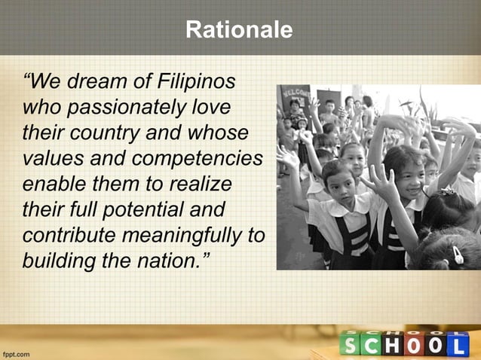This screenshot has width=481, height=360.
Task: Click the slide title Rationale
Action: point(240,30)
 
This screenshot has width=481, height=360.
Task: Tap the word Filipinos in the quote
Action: point(197,81)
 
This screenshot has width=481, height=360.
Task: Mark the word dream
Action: point(90,81)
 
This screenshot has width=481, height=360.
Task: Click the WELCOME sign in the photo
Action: point(295,96)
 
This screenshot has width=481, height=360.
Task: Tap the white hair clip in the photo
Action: point(457,255)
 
